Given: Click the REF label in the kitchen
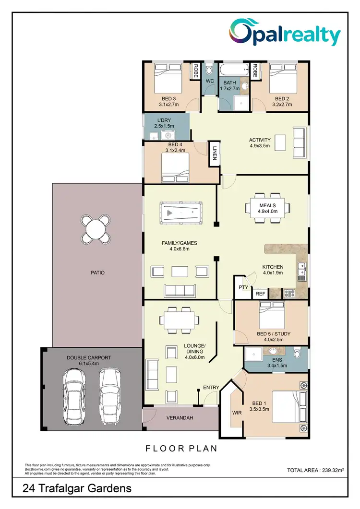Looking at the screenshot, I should click(x=261, y=294).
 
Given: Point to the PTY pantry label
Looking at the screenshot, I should click(x=243, y=288).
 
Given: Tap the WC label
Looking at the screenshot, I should click(x=210, y=82).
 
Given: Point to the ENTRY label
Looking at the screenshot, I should click(x=211, y=387).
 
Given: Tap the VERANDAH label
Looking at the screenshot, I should click(x=180, y=418).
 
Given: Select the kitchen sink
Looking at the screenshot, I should click(x=301, y=270).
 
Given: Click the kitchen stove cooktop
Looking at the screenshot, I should click(x=289, y=293).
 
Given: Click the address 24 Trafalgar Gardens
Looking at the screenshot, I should click(x=77, y=489).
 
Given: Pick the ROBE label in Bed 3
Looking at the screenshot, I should click(x=196, y=71).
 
